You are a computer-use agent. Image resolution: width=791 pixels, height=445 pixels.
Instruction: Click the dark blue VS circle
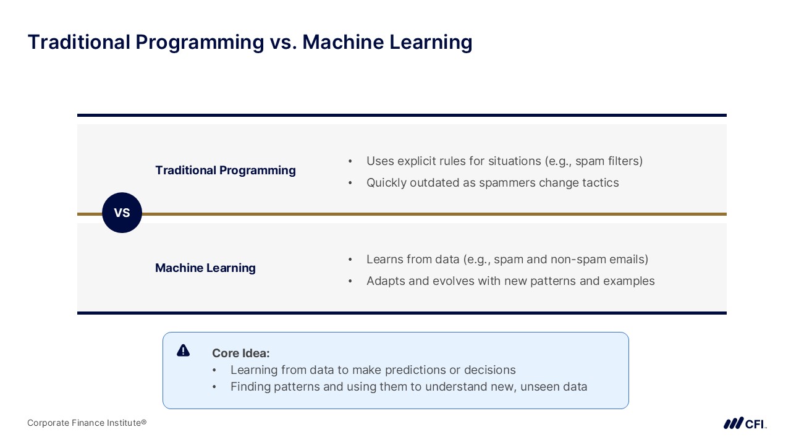point(122,213)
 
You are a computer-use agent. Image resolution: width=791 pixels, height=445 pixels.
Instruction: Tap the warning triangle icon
point(184,350)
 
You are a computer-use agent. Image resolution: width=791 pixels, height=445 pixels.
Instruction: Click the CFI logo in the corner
point(745,423)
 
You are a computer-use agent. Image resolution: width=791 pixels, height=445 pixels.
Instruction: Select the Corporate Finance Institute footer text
point(87,423)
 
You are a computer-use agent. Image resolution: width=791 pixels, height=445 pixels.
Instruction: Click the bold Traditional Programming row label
point(226,170)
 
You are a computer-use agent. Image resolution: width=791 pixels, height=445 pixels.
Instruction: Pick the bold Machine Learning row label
point(206,268)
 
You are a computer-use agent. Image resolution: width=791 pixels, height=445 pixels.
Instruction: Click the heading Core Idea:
point(241,353)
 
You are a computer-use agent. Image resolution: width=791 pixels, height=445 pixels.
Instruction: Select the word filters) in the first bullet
point(625,161)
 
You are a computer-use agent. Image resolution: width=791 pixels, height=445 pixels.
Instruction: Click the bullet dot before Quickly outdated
point(350,183)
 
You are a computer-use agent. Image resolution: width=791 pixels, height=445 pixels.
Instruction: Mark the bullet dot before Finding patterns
point(214,387)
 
